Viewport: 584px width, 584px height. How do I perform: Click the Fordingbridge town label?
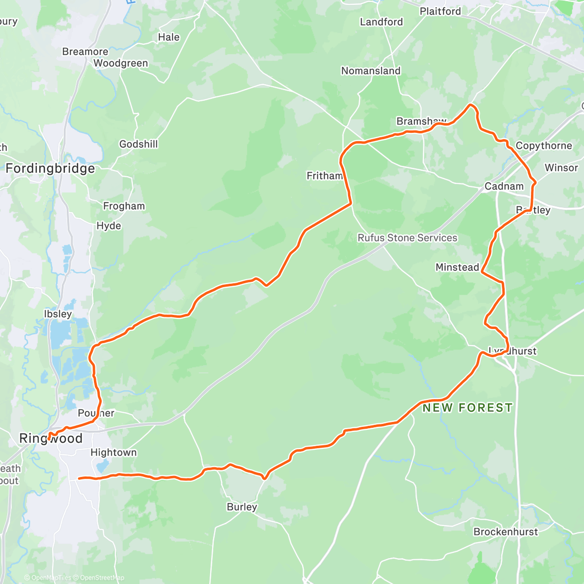coord(50,169)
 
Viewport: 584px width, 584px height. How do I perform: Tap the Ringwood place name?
coord(51,438)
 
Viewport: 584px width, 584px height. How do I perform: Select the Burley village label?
coord(242,507)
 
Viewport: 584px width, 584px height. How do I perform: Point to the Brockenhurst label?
coord(506,532)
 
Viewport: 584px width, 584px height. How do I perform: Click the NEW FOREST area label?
coord(467,408)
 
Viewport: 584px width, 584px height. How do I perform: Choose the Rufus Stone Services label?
coord(407,238)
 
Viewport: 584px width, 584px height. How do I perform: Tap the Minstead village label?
coord(457,267)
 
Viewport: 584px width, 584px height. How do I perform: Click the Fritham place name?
coord(325,176)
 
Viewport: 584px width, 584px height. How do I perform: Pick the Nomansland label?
coord(371,71)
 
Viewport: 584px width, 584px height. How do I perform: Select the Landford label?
coord(381,22)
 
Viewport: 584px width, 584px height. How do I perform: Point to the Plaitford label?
coord(440,11)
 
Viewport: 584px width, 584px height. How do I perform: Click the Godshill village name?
coord(139,144)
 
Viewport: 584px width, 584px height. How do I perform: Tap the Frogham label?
coord(124,206)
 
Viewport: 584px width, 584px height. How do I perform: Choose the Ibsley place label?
coord(58,314)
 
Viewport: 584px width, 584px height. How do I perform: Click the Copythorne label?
coord(544,146)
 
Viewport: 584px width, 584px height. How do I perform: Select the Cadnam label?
coord(504,186)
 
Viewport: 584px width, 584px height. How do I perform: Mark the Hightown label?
coord(113,453)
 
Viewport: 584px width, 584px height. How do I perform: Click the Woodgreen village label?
coord(121,63)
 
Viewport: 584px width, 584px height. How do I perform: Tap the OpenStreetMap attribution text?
coord(102,578)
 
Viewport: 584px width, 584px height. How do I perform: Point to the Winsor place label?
coord(561,168)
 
